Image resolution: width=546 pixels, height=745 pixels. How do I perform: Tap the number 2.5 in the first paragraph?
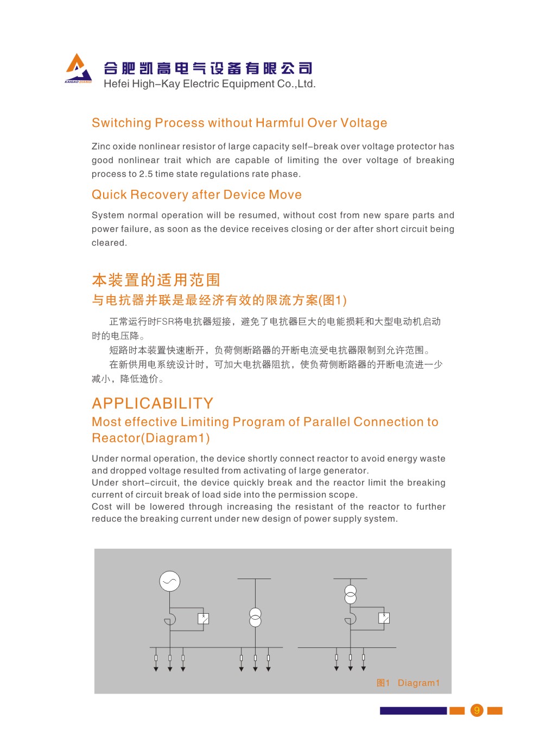(146, 174)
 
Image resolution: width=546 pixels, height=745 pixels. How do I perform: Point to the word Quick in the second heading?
(109, 195)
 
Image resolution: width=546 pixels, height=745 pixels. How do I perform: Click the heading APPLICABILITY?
(153, 403)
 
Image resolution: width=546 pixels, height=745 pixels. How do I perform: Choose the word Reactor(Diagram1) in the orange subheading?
(151, 438)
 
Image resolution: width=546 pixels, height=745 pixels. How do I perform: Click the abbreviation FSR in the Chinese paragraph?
(165, 322)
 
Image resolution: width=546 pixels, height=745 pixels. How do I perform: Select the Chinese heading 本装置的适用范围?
(156, 280)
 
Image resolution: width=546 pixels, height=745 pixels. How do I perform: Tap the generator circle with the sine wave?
(169, 581)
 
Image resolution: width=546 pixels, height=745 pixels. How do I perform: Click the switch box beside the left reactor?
(203, 619)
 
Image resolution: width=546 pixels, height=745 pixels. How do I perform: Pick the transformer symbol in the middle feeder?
(255, 618)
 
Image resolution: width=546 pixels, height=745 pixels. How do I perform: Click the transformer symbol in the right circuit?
(351, 594)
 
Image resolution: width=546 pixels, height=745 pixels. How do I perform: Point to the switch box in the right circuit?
(384, 618)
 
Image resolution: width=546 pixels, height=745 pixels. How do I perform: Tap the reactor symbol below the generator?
(170, 619)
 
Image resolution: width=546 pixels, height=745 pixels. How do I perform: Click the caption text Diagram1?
(418, 683)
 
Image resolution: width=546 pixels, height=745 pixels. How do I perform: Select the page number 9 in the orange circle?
(477, 710)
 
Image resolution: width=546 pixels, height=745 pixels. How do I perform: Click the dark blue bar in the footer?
(413, 711)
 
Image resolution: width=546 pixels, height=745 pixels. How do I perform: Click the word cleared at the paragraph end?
(109, 243)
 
